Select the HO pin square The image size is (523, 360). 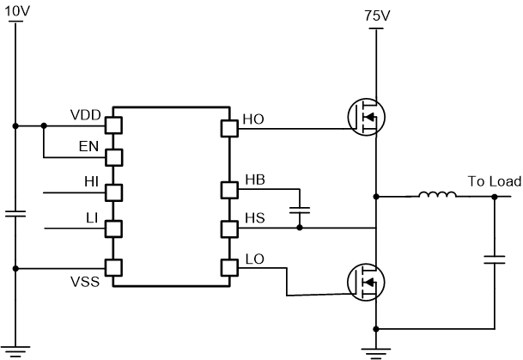coord(230,129)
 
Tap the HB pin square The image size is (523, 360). coord(230,189)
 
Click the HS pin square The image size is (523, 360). coord(230,229)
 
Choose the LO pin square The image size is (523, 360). coord(230,267)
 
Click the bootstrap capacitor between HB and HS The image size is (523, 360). coord(300,209)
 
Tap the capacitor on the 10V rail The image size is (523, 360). coord(15,213)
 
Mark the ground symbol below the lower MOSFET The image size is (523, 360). coord(376,351)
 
